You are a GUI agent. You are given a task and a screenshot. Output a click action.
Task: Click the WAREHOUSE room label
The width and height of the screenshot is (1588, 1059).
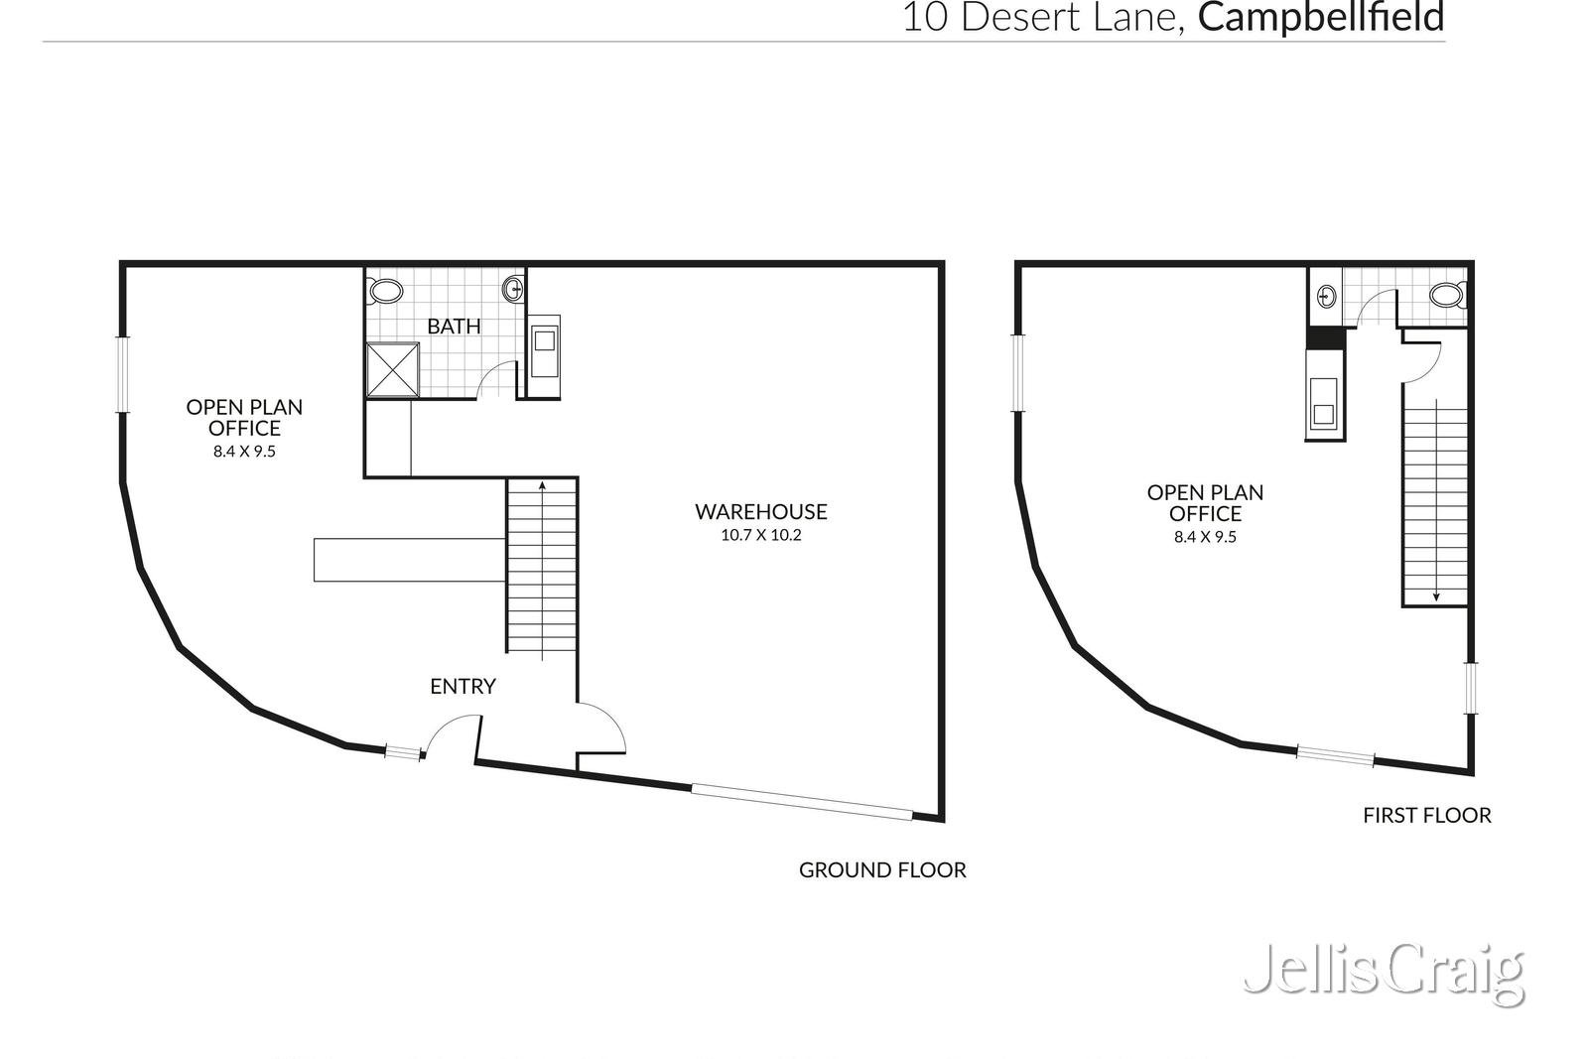760,512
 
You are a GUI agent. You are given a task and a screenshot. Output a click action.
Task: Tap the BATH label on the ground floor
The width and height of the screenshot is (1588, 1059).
454,327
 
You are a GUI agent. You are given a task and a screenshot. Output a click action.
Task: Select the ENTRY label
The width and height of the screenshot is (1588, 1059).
463,686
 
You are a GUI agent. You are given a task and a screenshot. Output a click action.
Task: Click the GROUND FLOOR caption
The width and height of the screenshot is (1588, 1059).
882,869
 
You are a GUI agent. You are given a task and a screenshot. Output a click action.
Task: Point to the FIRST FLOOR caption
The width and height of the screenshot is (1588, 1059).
1427,815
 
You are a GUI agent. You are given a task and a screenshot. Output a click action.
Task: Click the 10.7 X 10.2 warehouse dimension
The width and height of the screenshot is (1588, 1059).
760,535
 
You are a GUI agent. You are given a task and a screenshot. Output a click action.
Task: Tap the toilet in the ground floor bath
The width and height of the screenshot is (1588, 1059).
385,291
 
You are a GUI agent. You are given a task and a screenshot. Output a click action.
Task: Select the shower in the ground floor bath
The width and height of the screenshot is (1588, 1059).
393,369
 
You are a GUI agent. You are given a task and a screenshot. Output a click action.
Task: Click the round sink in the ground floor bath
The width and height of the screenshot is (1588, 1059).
513,289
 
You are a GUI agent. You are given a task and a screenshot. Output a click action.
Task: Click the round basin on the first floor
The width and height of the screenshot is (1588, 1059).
1326,296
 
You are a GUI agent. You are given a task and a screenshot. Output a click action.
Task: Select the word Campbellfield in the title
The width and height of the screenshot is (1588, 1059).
1321,17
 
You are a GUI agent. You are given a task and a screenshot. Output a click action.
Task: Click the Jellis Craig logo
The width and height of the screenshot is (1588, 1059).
1384,974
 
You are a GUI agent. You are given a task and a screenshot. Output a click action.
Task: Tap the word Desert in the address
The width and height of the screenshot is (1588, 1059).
1022,18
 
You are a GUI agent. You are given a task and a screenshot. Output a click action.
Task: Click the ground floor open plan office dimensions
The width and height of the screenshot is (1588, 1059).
244,452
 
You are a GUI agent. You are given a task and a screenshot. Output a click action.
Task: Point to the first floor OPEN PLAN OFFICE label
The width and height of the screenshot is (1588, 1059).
1205,502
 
